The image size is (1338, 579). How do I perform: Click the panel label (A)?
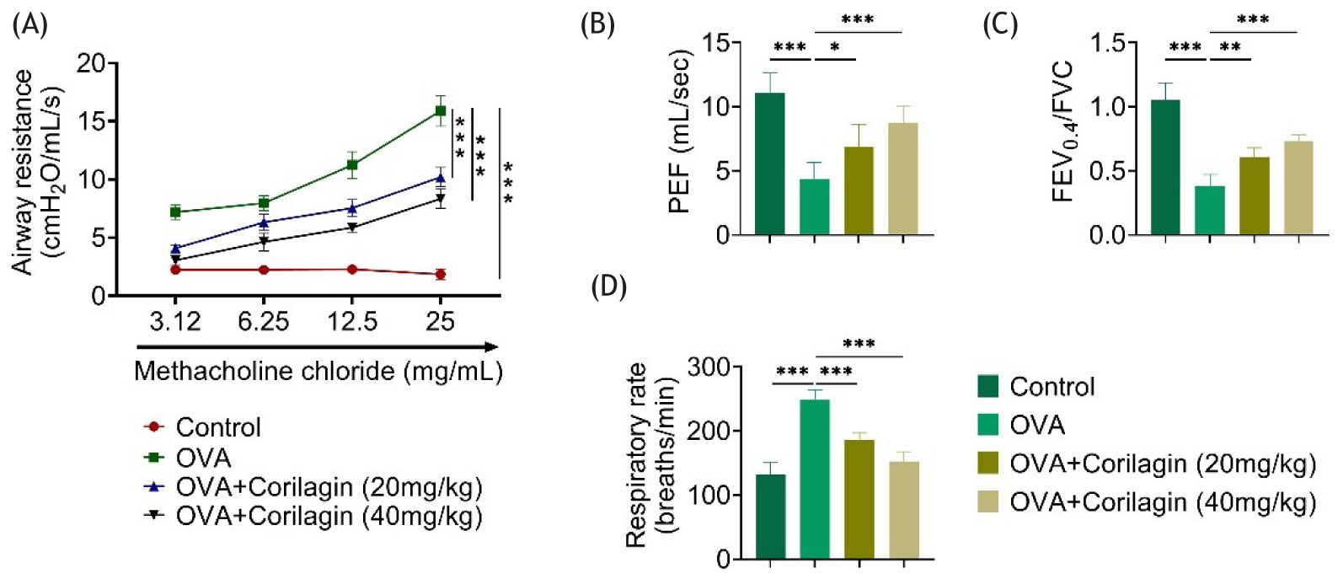[x=29, y=25]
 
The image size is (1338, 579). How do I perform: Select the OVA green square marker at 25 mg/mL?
[x=440, y=110]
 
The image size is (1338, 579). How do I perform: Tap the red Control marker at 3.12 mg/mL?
[x=175, y=270]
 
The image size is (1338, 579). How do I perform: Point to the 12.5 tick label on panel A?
[x=352, y=321]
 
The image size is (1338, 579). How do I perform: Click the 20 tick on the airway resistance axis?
[x=92, y=63]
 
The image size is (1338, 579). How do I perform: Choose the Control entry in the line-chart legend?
[x=218, y=427]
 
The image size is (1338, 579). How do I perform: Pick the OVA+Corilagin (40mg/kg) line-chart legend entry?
[x=329, y=516]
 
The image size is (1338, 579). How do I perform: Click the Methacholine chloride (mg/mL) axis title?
[x=318, y=372]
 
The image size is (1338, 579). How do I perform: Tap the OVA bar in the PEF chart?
[x=814, y=206]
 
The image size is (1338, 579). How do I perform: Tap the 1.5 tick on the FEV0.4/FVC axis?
[x=1107, y=43]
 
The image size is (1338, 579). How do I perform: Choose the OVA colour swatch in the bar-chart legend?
[x=988, y=425]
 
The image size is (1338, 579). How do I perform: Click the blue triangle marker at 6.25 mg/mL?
[x=264, y=222]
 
